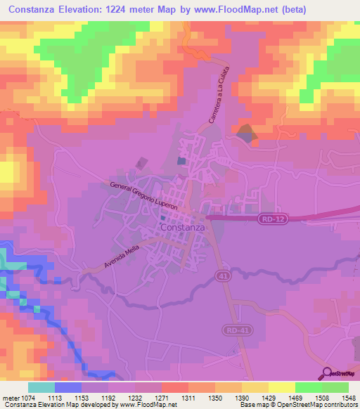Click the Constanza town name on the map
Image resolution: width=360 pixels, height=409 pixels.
coord(182,228)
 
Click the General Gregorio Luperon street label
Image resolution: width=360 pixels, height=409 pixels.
coord(143,197)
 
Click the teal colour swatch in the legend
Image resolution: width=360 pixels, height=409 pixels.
coord(41,387)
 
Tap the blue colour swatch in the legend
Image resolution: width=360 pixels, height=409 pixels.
coord(67,387)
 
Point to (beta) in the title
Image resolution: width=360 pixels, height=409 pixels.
coord(337,9)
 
